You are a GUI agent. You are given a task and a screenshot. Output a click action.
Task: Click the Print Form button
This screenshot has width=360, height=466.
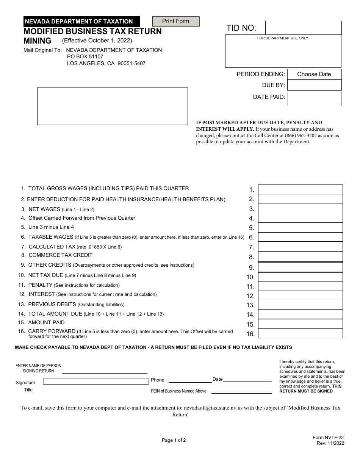coord(175,21)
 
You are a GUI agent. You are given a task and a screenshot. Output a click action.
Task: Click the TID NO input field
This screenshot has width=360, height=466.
coord(303,28)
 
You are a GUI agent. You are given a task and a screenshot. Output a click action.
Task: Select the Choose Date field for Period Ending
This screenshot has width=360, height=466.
coord(314,74)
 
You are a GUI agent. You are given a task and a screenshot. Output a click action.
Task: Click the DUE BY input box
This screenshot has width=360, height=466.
coord(314,85)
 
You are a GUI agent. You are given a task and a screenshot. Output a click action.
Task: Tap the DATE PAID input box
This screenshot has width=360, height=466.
coord(314,99)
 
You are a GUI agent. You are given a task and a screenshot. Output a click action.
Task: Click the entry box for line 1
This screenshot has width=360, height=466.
coord(300,189)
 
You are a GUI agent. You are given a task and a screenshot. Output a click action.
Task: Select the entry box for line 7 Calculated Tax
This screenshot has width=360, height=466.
coord(300,247)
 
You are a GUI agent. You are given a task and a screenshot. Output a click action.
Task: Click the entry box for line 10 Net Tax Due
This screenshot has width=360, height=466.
coord(300,277)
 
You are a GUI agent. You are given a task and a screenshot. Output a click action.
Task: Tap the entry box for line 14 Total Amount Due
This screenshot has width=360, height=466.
coord(300,314)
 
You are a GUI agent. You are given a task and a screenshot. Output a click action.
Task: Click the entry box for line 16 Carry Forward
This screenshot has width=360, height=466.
coord(300,333)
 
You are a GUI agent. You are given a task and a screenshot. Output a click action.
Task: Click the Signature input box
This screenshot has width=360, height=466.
coord(95,381)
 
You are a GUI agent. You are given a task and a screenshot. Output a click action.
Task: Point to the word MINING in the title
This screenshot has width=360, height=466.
coord(38,41)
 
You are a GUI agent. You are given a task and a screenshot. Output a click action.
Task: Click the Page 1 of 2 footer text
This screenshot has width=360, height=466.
coord(174,440)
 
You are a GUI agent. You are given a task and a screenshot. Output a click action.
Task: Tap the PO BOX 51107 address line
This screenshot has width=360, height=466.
coord(85,57)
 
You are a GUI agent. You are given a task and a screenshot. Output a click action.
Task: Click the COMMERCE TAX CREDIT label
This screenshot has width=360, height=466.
coord(61,255)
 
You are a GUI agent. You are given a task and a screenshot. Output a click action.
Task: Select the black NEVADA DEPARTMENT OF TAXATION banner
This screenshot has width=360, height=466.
coord(81,22)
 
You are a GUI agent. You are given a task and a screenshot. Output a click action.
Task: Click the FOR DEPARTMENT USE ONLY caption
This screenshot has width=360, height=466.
coord(283,38)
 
